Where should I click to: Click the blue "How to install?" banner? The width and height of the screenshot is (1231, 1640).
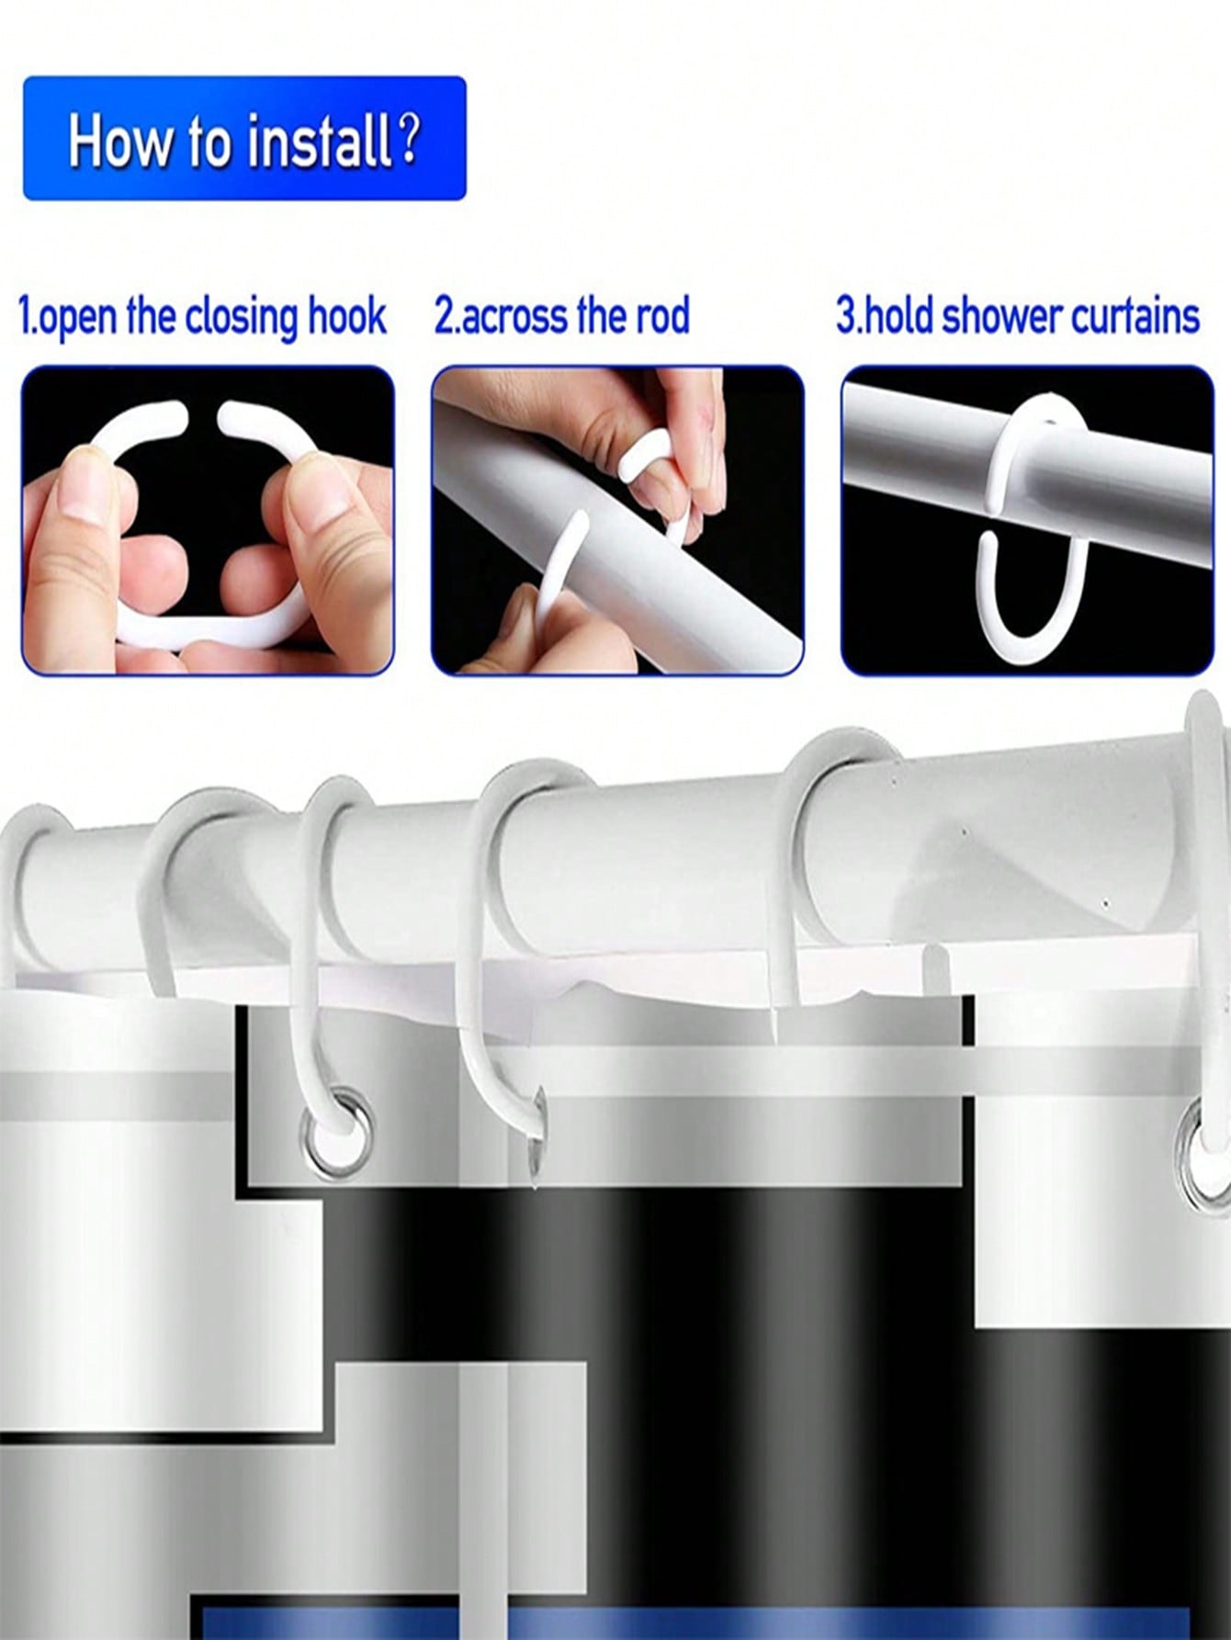(244, 139)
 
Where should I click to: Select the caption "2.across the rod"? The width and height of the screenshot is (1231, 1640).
(561, 316)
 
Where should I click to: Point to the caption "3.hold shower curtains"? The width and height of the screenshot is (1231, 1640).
(1018, 316)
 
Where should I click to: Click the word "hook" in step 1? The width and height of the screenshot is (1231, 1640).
(348, 316)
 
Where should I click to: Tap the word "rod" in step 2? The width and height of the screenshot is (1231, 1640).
(660, 316)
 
